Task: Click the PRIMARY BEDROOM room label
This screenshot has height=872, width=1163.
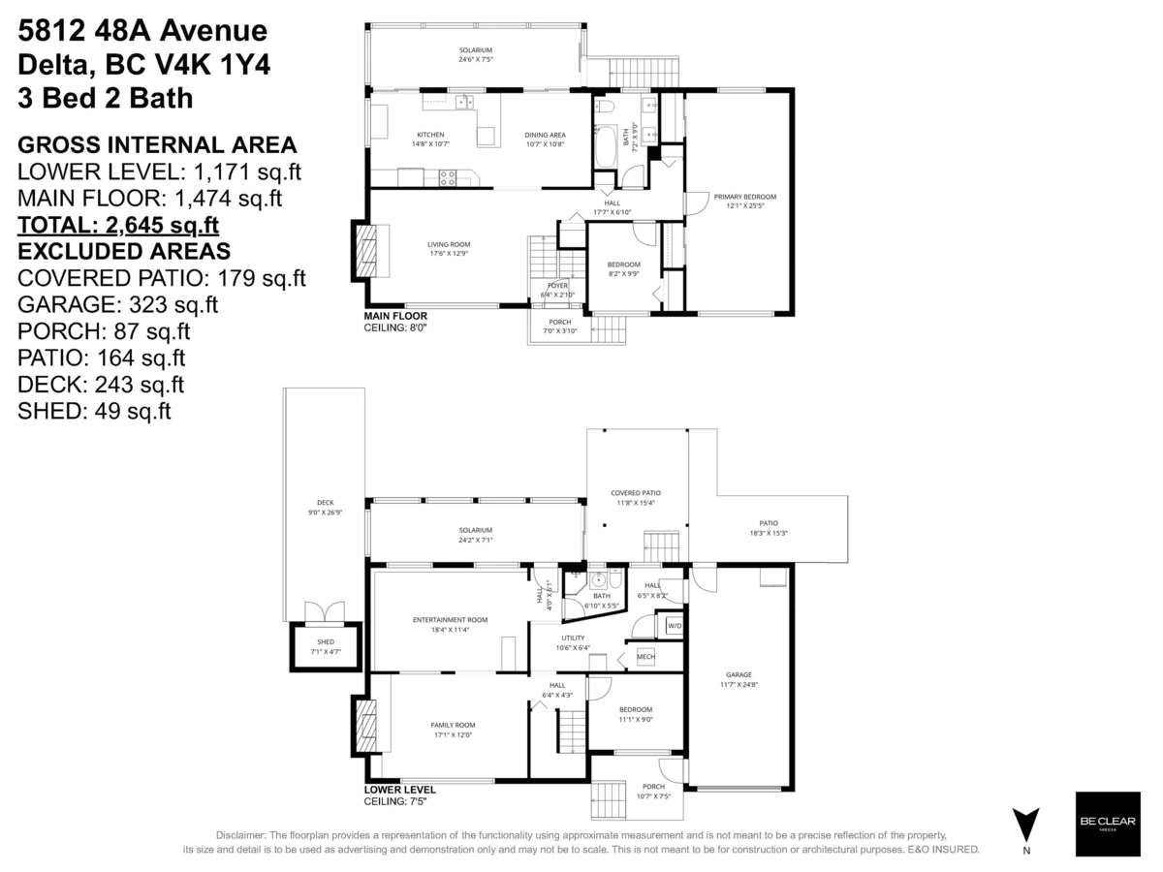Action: tap(744, 197)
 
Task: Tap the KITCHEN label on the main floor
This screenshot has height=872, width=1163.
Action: tap(430, 135)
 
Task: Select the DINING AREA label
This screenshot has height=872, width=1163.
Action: tap(545, 135)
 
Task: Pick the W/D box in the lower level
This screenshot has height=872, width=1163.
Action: tap(674, 626)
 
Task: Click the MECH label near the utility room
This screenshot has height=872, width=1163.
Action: tap(645, 657)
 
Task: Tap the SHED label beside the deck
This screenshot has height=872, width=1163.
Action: tap(326, 641)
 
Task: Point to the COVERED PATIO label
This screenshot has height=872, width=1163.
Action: tap(636, 493)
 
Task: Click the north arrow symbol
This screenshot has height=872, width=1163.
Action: tap(1026, 825)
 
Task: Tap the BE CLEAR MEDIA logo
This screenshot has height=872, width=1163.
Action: tap(1108, 824)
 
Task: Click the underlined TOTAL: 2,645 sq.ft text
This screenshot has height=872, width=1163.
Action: tap(118, 226)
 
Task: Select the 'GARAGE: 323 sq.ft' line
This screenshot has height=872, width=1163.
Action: tap(118, 304)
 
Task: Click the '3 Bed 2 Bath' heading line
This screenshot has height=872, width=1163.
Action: tap(105, 98)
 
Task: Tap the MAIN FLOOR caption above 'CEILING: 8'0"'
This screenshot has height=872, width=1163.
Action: tap(394, 316)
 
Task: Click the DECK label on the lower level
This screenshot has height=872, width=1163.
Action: tap(325, 503)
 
